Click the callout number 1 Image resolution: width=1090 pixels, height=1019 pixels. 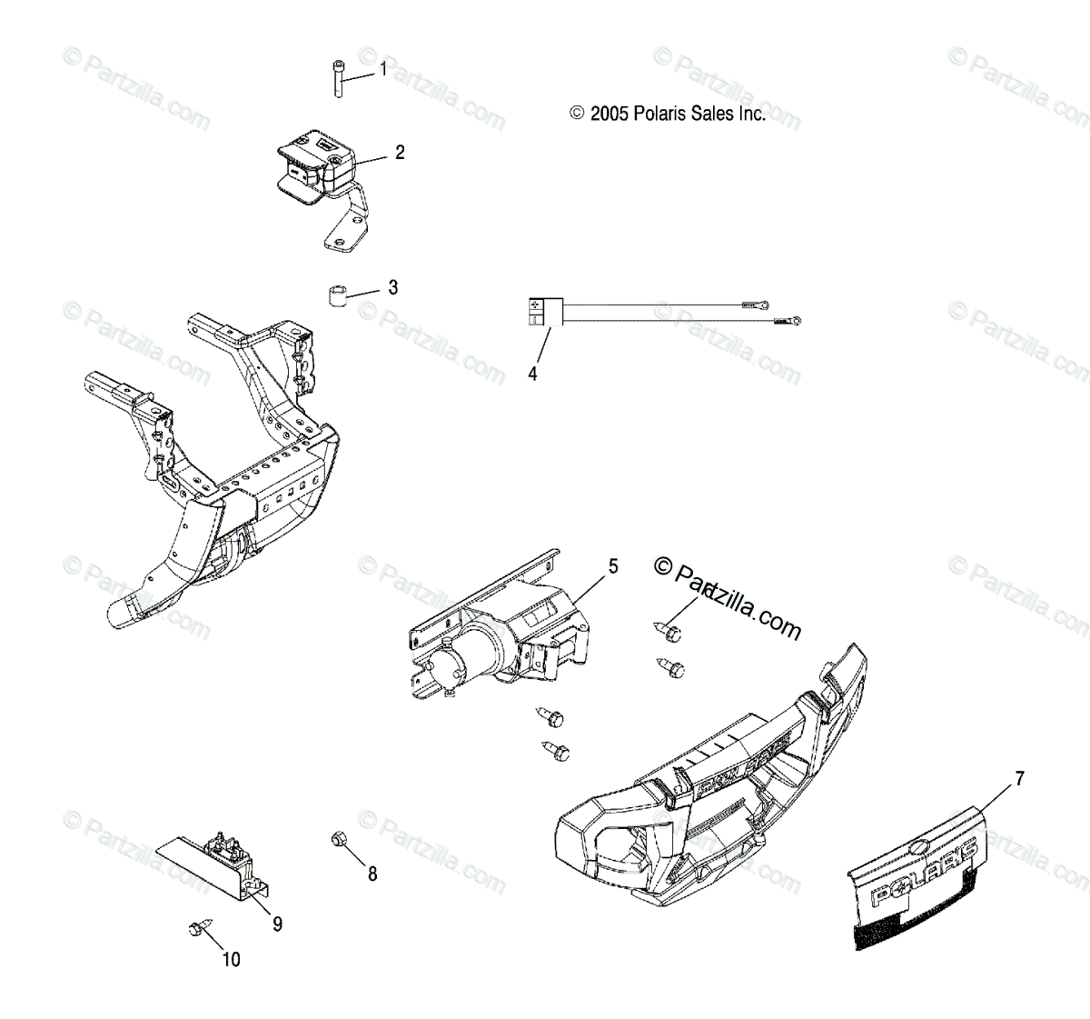pos(383,69)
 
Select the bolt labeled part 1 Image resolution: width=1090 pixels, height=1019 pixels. pos(337,79)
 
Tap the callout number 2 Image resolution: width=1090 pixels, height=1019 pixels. pos(400,153)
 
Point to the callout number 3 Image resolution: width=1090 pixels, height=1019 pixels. pos(392,288)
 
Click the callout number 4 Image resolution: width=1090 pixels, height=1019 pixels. pos(532,373)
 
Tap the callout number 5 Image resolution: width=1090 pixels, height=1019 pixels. pos(613,566)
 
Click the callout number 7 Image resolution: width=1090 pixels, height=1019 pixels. pos(1020,778)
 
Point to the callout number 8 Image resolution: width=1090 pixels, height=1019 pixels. pos(372,874)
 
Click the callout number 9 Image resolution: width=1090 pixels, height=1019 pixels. pos(277,924)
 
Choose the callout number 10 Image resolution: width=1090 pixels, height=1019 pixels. pos(232,960)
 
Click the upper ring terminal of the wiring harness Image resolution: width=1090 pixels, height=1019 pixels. pos(753,305)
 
